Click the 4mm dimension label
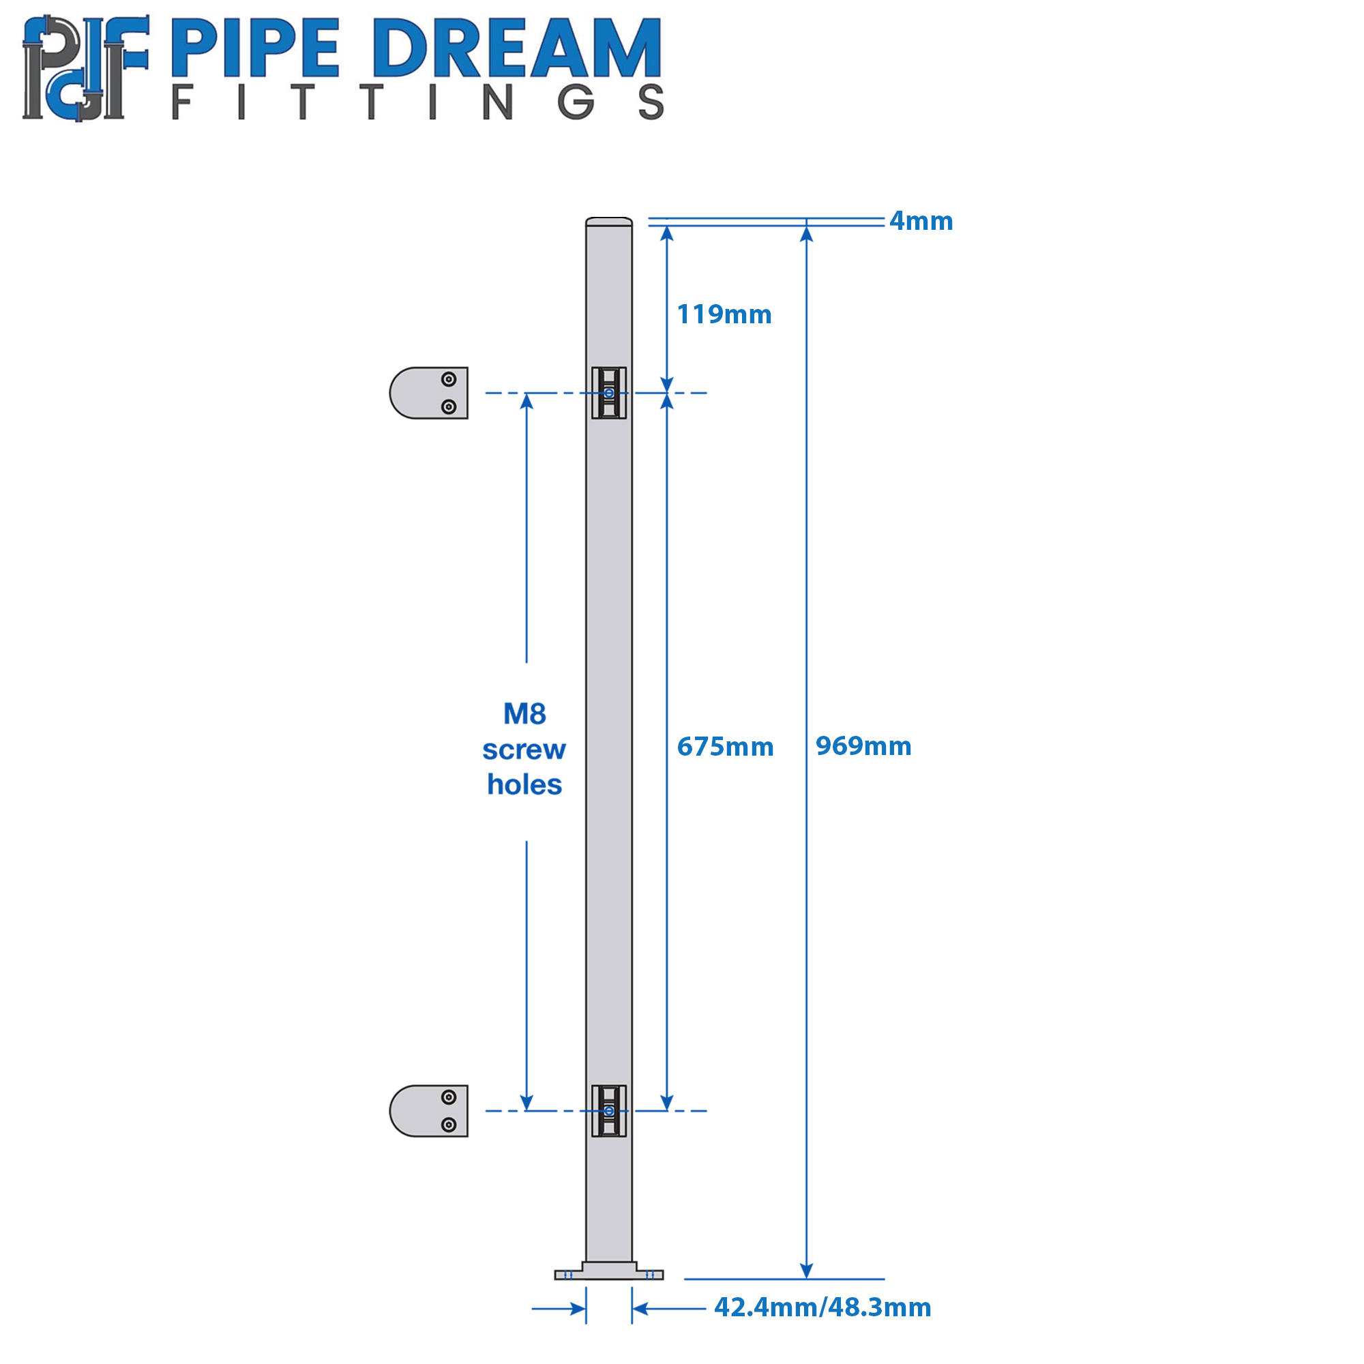[x=921, y=221]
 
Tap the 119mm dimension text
[x=724, y=314]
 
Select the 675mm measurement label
[x=725, y=746]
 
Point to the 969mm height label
[x=863, y=745]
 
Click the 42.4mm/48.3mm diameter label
[x=822, y=1307]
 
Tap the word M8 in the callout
[x=524, y=714]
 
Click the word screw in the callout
[x=524, y=749]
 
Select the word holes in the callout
[x=524, y=784]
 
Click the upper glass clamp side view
[x=428, y=393]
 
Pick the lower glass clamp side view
[x=428, y=1110]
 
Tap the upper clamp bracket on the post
[x=608, y=393]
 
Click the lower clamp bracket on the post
[x=608, y=1110]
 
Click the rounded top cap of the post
[x=608, y=222]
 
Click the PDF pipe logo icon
[x=85, y=68]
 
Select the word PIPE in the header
[x=256, y=47]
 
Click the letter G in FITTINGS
[x=576, y=102]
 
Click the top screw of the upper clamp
[x=448, y=379]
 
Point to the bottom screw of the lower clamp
[x=448, y=1125]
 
